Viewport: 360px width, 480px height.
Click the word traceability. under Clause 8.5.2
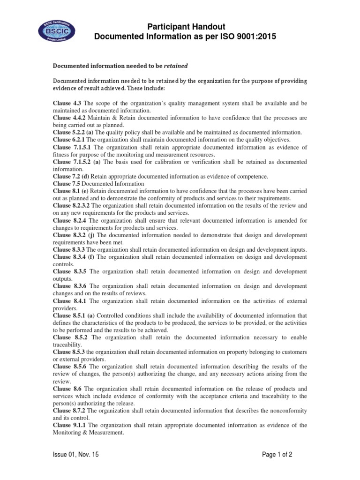pyautogui.click(x=69, y=344)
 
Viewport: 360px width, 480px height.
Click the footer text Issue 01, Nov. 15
pyautogui.click(x=75, y=455)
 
